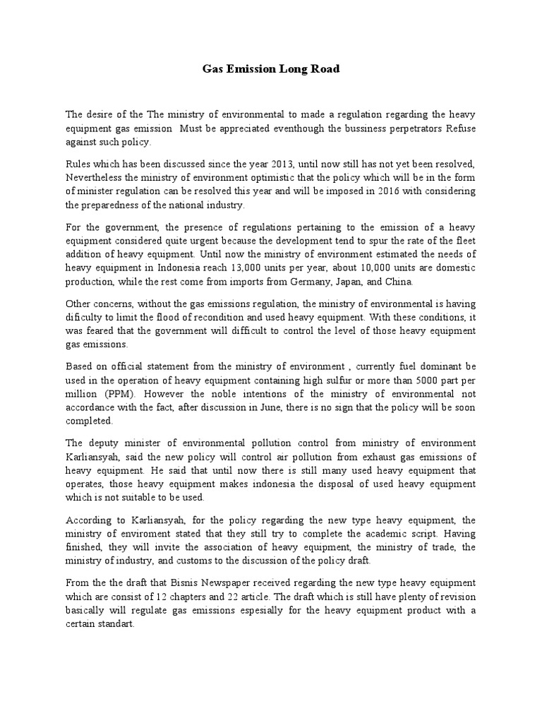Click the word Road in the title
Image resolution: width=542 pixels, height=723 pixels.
[323, 69]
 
